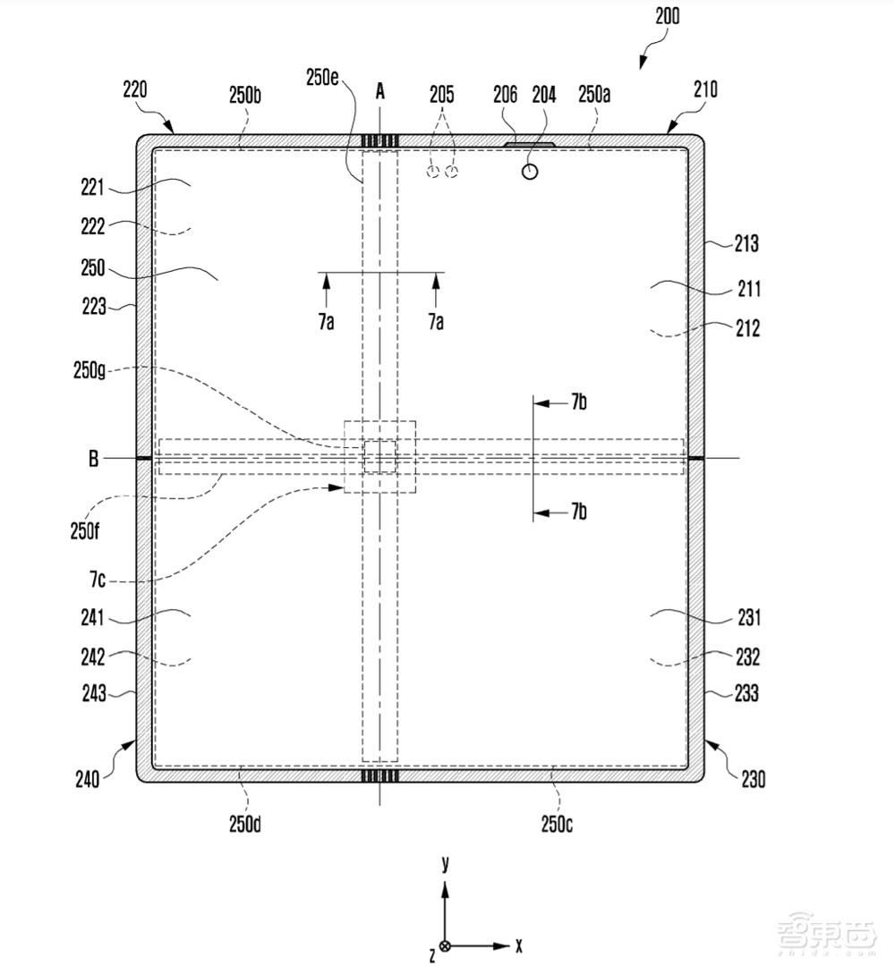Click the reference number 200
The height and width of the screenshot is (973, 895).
[x=667, y=15]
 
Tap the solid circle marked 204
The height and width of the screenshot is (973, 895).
[x=529, y=172]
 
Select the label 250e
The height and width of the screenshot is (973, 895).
[x=321, y=78]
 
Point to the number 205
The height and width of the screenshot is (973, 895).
[x=441, y=94]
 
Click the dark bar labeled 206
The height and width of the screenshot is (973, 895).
[x=529, y=144]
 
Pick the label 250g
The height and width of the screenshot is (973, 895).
[x=89, y=370]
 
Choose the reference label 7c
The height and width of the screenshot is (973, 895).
[x=98, y=580]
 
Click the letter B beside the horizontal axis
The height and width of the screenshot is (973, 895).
[x=93, y=459]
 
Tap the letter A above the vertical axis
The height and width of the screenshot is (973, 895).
[x=380, y=92]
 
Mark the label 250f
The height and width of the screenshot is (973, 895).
[x=84, y=530]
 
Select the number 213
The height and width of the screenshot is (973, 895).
[x=746, y=243]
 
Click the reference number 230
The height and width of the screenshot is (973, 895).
[x=753, y=779]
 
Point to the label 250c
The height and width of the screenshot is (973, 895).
[x=557, y=824]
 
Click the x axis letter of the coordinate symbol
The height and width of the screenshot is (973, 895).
[x=518, y=945]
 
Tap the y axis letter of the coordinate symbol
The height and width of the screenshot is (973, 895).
[x=445, y=864]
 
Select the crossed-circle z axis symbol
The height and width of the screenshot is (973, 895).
[x=445, y=946]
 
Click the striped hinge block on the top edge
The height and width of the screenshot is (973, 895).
[x=380, y=141]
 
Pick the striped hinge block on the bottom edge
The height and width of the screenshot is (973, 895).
[x=380, y=775]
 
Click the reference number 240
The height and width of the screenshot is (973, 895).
[x=87, y=779]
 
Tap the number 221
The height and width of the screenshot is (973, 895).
[x=92, y=187]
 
